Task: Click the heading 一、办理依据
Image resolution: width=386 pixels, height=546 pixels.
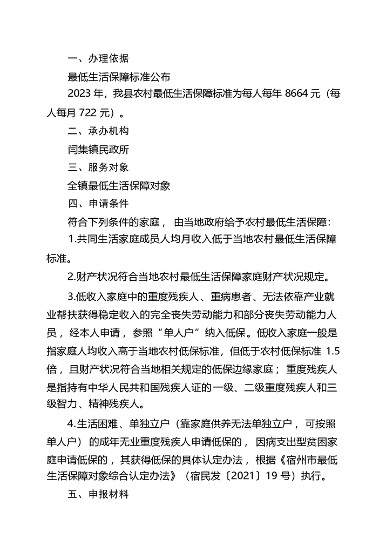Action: [x=98, y=58]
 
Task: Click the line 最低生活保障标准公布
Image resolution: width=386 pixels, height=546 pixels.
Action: [x=119, y=77]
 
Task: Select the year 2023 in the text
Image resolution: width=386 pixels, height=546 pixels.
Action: [x=79, y=95]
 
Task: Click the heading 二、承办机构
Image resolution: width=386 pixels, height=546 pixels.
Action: [x=98, y=131]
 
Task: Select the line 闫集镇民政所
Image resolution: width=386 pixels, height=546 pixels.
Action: [x=98, y=149]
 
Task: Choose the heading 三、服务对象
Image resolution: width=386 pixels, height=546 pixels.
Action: [x=98, y=167]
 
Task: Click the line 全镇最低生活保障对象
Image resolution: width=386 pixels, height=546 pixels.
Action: [x=119, y=186]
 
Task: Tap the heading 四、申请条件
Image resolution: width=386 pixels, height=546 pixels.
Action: [x=98, y=204]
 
